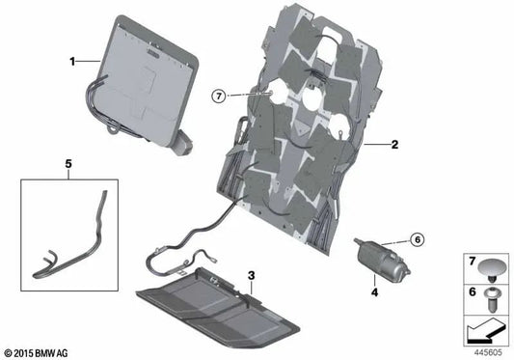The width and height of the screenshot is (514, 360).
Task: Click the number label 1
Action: pos(71,61)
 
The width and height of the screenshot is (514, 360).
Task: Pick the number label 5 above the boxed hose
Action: pos(68,165)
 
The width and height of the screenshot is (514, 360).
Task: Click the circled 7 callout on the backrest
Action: pos(219,95)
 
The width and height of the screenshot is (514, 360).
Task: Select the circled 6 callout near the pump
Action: pos(417,238)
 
